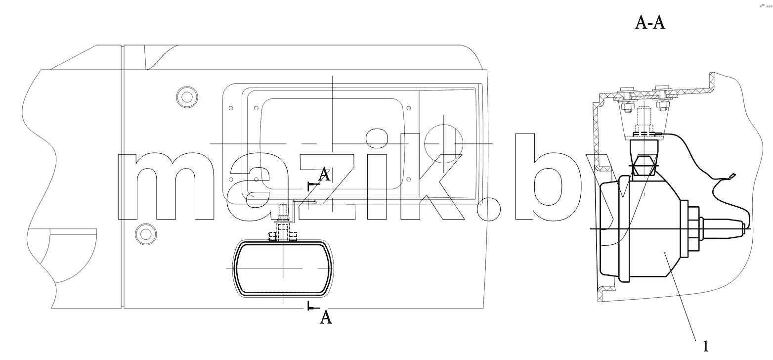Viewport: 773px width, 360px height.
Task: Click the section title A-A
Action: (x=650, y=23)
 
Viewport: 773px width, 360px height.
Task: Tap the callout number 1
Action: (x=705, y=346)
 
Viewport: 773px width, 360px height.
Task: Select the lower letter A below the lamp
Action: (x=326, y=317)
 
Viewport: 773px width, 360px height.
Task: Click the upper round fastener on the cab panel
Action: (x=187, y=97)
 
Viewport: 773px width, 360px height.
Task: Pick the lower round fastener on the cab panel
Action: (x=146, y=234)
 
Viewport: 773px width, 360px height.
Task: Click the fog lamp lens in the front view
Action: (x=283, y=269)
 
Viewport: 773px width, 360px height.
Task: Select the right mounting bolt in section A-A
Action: (x=661, y=99)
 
